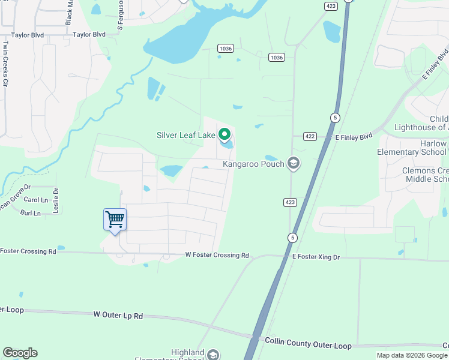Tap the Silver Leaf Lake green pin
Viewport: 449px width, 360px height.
pyautogui.click(x=225, y=134)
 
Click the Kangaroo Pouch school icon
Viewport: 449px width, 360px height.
pyautogui.click(x=294, y=163)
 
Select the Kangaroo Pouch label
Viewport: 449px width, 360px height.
pyautogui.click(x=253, y=163)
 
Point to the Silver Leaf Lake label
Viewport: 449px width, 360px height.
pyautogui.click(x=185, y=136)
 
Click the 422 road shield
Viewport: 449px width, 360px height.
pyautogui.click(x=310, y=136)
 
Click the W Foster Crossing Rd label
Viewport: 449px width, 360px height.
pyautogui.click(x=217, y=256)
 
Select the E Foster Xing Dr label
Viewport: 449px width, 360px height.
pyautogui.click(x=316, y=257)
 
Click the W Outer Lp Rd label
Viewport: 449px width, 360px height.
pyautogui.click(x=119, y=314)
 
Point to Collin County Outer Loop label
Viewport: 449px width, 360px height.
pyautogui.click(x=308, y=344)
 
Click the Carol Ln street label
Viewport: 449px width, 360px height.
pyautogui.click(x=35, y=200)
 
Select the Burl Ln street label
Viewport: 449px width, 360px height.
pyautogui.click(x=30, y=213)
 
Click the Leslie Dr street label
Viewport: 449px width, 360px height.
pyautogui.click(x=56, y=197)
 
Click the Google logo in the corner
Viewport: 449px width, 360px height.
pyautogui.click(x=20, y=353)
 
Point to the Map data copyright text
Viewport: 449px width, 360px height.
pyautogui.click(x=411, y=355)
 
